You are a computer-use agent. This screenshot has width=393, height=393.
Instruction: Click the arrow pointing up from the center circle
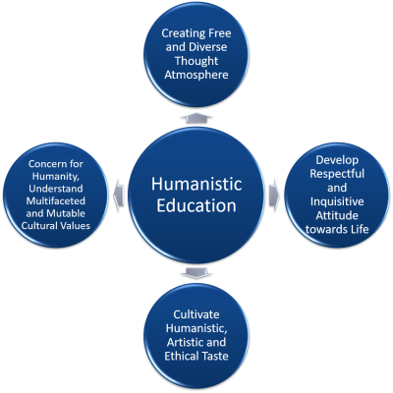196,118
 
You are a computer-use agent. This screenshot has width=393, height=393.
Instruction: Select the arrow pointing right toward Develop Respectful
274,196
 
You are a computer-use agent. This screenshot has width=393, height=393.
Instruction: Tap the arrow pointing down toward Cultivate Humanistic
196,273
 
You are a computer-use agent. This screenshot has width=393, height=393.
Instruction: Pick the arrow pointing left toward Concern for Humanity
119,196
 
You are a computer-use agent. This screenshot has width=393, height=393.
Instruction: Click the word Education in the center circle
196,205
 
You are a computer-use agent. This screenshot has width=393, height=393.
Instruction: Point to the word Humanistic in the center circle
196,184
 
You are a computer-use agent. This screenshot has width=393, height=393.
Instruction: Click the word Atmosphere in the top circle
196,75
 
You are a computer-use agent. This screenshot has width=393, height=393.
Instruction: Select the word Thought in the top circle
196,61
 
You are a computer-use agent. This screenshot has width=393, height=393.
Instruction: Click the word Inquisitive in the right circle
337,201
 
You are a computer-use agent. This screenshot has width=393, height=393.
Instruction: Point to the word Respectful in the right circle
337,174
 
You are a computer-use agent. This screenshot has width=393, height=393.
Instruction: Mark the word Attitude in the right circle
337,215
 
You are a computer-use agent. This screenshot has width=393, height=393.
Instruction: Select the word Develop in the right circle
337,160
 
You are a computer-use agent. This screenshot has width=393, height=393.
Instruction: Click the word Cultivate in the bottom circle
196,314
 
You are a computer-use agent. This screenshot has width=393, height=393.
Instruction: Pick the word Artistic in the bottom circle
185,342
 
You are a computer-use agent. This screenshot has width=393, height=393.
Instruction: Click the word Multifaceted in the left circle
56,200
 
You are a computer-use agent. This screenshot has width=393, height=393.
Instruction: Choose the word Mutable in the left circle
66,213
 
